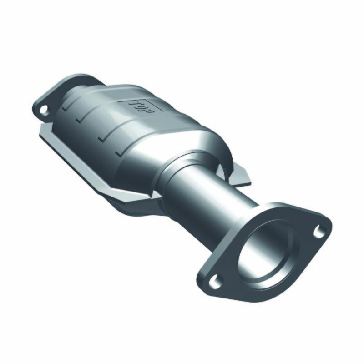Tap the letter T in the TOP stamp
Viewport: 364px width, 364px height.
(135, 103)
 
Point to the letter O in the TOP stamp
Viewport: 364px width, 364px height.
(142, 106)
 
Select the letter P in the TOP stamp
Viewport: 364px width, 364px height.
(150, 109)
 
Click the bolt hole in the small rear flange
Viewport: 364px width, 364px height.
(44, 109)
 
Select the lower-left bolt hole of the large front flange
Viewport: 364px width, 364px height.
(213, 282)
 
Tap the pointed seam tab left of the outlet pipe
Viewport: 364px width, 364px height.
(146, 196)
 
